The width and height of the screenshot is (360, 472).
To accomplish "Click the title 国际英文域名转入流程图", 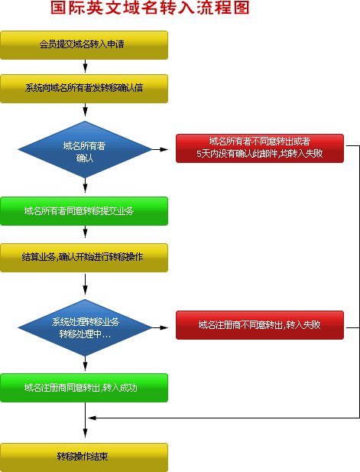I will point(149,10).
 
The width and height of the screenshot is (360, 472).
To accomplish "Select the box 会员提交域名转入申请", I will point(83,44).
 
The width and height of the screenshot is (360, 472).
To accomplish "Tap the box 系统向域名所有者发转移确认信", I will point(83,89).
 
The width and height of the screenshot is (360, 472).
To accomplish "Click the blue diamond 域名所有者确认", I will point(85,150).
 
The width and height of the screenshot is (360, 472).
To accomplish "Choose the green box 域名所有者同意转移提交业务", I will point(83,211).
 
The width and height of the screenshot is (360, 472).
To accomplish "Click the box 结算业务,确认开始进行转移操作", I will point(83,257).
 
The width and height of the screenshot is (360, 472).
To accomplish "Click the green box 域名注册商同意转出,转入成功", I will point(83,388).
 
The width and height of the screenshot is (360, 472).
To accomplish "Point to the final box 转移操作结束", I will point(83,457).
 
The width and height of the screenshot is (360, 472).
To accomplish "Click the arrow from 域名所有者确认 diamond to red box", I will point(161,149).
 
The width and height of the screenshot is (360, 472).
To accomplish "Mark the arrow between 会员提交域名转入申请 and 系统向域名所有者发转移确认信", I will point(85,67).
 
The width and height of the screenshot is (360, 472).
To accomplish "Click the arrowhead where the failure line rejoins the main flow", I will point(91,418).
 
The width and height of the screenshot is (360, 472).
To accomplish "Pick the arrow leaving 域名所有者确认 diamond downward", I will point(85,188).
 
